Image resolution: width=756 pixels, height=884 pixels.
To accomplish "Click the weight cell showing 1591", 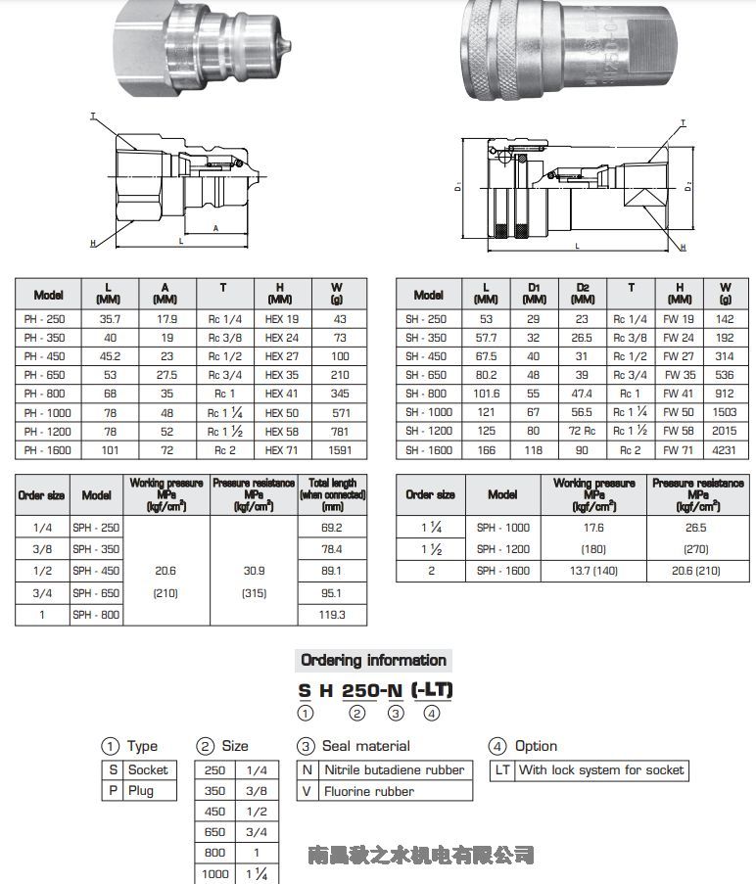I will [x=340, y=449].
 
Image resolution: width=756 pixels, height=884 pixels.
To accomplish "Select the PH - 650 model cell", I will [x=43, y=374].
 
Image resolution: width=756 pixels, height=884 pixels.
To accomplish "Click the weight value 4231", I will [x=725, y=449].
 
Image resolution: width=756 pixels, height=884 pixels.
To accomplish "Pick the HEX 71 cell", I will [x=281, y=449].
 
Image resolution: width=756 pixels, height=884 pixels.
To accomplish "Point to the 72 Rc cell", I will [x=582, y=431].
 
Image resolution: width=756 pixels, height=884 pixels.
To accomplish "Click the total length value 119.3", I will [x=332, y=614].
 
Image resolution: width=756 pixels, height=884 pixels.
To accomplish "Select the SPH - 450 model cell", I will [x=96, y=571].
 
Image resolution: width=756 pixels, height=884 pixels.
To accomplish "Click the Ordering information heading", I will [x=373, y=660].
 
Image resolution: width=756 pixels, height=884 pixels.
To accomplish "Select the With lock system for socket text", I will [x=600, y=770].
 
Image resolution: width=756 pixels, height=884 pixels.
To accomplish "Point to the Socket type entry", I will [x=148, y=770].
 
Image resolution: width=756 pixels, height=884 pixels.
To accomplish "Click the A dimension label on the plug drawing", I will [x=214, y=227].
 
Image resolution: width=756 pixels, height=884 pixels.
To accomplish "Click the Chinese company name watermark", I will [x=421, y=855].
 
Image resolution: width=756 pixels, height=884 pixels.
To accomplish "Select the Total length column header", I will [x=332, y=494].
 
